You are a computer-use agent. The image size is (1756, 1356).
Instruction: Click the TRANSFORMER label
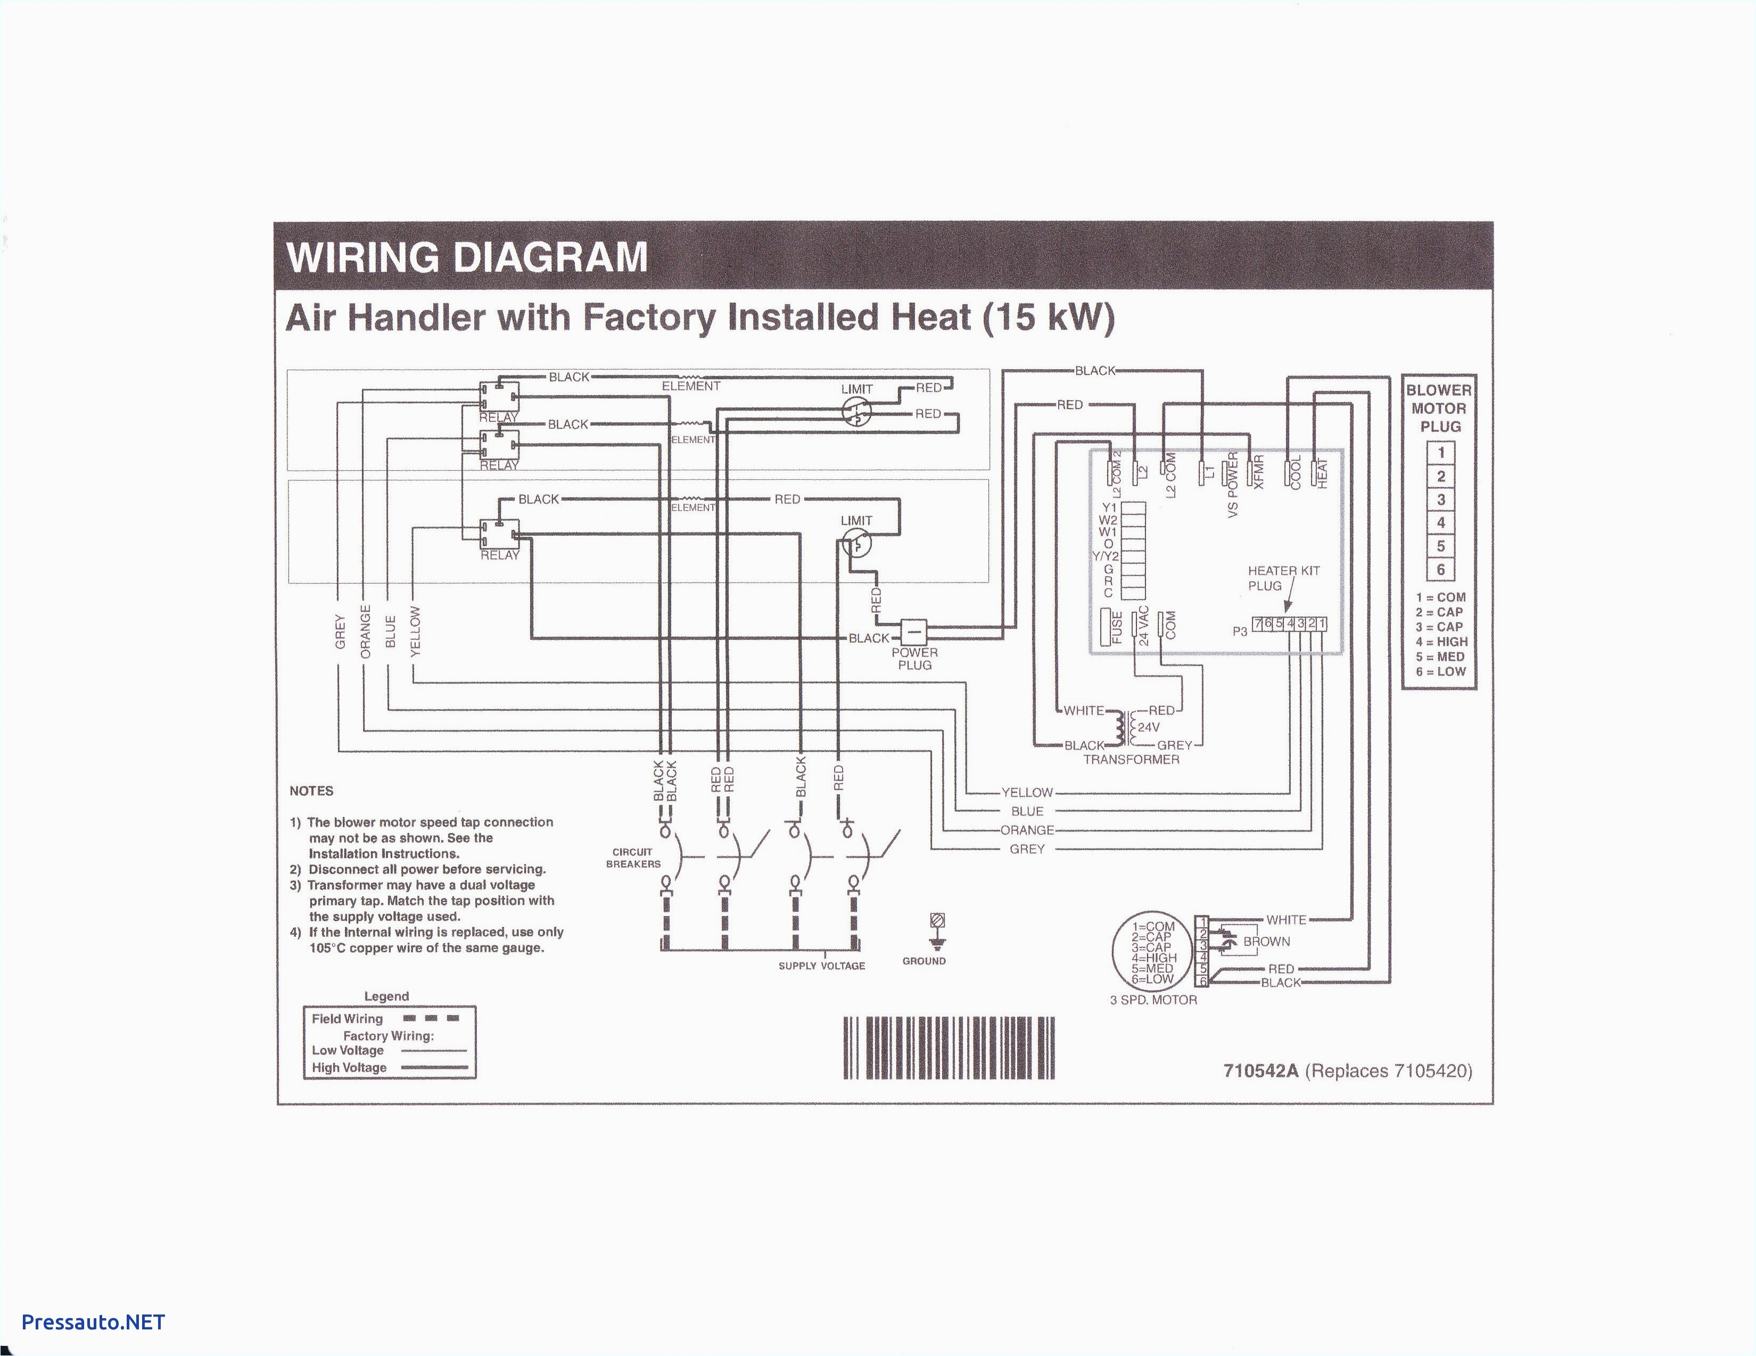point(1131,760)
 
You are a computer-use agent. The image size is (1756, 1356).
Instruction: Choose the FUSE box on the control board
point(1116,628)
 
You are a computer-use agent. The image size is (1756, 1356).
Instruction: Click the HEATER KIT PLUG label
point(1283,578)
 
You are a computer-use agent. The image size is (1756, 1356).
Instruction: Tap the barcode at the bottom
point(949,1048)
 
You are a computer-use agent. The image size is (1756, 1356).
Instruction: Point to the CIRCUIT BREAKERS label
point(633,858)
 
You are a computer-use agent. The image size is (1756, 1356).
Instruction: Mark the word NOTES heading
point(311,791)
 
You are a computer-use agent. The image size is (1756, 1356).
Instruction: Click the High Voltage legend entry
point(349,1068)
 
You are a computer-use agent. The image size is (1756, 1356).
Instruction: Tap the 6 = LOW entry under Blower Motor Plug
point(1441,672)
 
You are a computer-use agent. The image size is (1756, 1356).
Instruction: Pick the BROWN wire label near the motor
point(1266,941)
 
